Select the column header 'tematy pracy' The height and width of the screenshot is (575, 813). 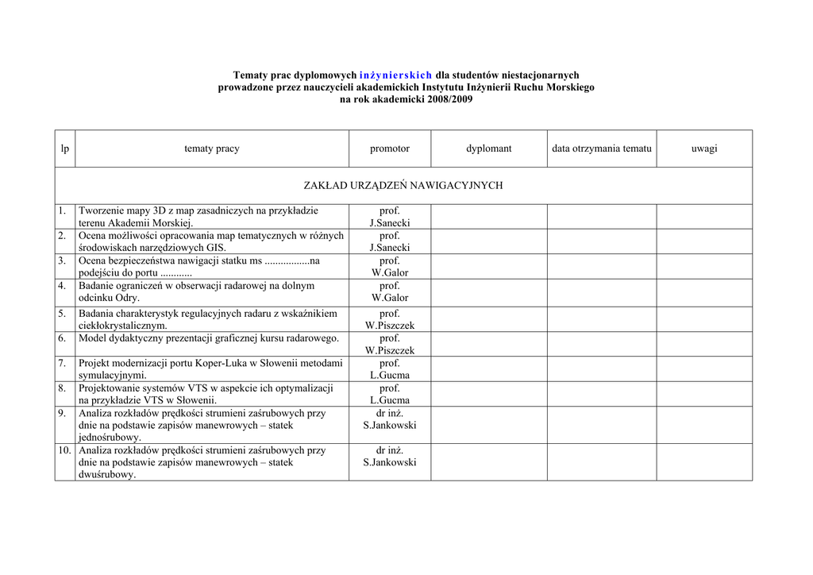click(x=212, y=149)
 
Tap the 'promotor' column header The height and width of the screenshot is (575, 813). click(x=390, y=149)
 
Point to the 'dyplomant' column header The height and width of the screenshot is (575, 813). click(x=489, y=149)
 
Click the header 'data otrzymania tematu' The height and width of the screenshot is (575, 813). click(x=602, y=149)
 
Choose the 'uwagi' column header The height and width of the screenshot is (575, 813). click(x=704, y=149)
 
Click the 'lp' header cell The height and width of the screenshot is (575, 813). click(x=65, y=149)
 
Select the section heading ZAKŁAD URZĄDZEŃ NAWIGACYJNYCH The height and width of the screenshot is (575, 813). click(x=403, y=186)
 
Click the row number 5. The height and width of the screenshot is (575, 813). click(x=62, y=314)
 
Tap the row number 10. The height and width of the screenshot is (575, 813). click(x=64, y=450)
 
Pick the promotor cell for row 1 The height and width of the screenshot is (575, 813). click(x=390, y=217)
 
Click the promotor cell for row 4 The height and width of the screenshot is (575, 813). click(x=390, y=291)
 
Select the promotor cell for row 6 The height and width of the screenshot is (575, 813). click(x=390, y=344)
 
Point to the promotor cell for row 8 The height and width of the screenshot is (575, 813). click(x=390, y=394)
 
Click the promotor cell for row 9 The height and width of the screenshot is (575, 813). click(x=390, y=419)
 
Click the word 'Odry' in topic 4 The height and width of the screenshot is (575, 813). click(x=126, y=298)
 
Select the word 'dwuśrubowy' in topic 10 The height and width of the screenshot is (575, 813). click(x=106, y=474)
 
